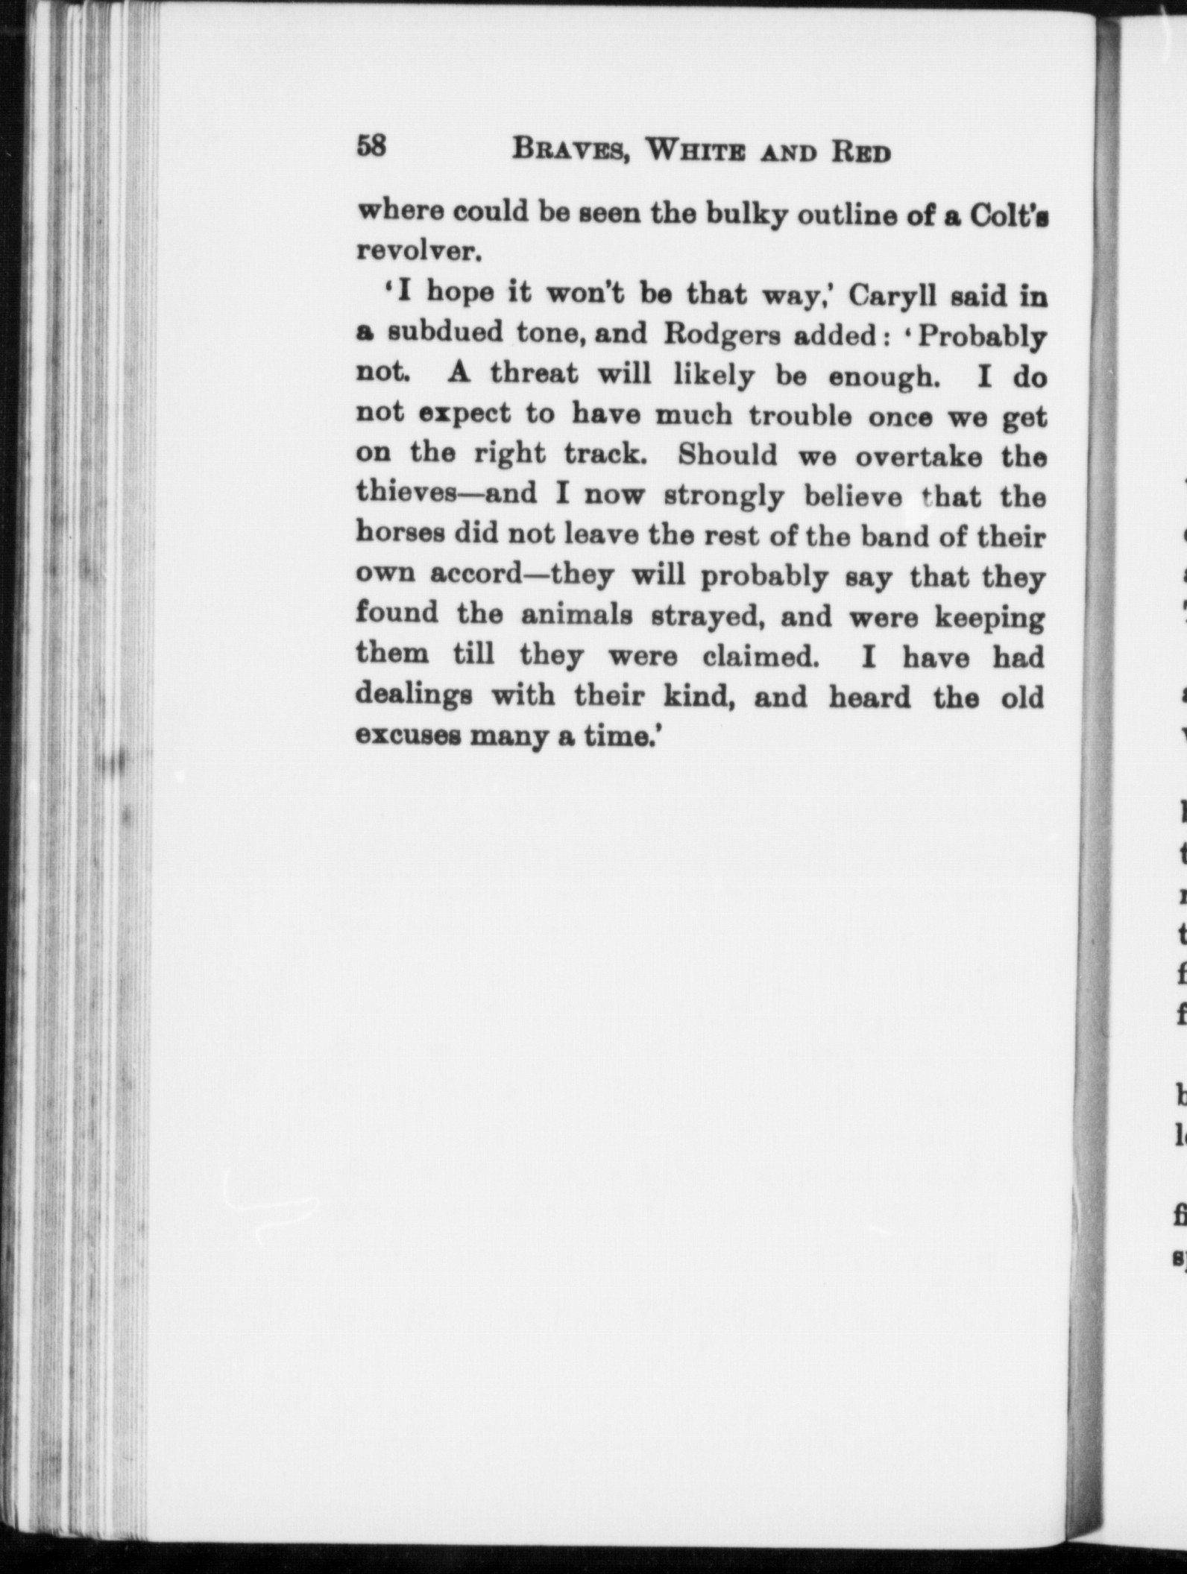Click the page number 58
[x=371, y=146]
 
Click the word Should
[x=727, y=455]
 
